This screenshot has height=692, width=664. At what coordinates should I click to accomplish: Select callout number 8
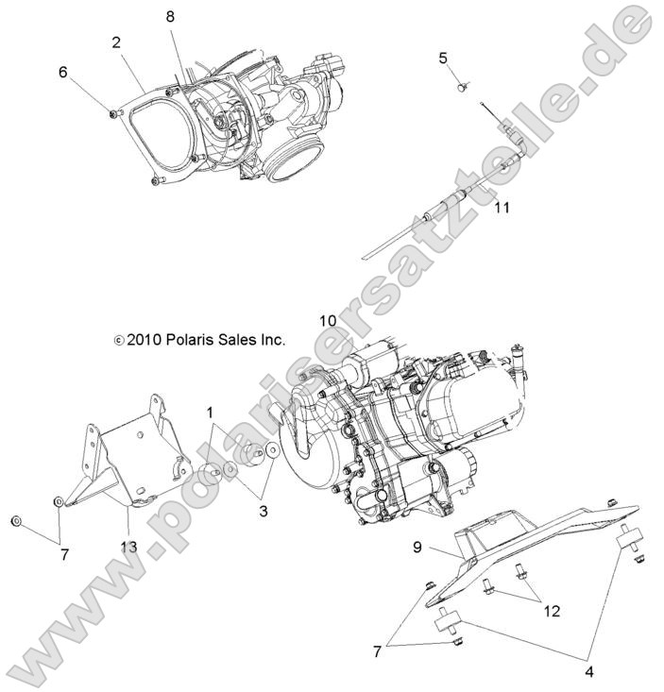pyautogui.click(x=170, y=16)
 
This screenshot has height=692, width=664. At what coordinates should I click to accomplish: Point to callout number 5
pyautogui.click(x=443, y=59)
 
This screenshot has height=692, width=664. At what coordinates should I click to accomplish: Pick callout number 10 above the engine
pyautogui.click(x=327, y=321)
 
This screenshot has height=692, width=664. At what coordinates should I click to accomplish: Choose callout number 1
pyautogui.click(x=210, y=413)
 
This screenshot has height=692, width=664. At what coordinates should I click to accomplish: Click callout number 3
pyautogui.click(x=264, y=511)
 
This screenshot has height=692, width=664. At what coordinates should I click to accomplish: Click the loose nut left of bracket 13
pyautogui.click(x=16, y=522)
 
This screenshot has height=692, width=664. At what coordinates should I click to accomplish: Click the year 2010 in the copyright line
pyautogui.click(x=145, y=339)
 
